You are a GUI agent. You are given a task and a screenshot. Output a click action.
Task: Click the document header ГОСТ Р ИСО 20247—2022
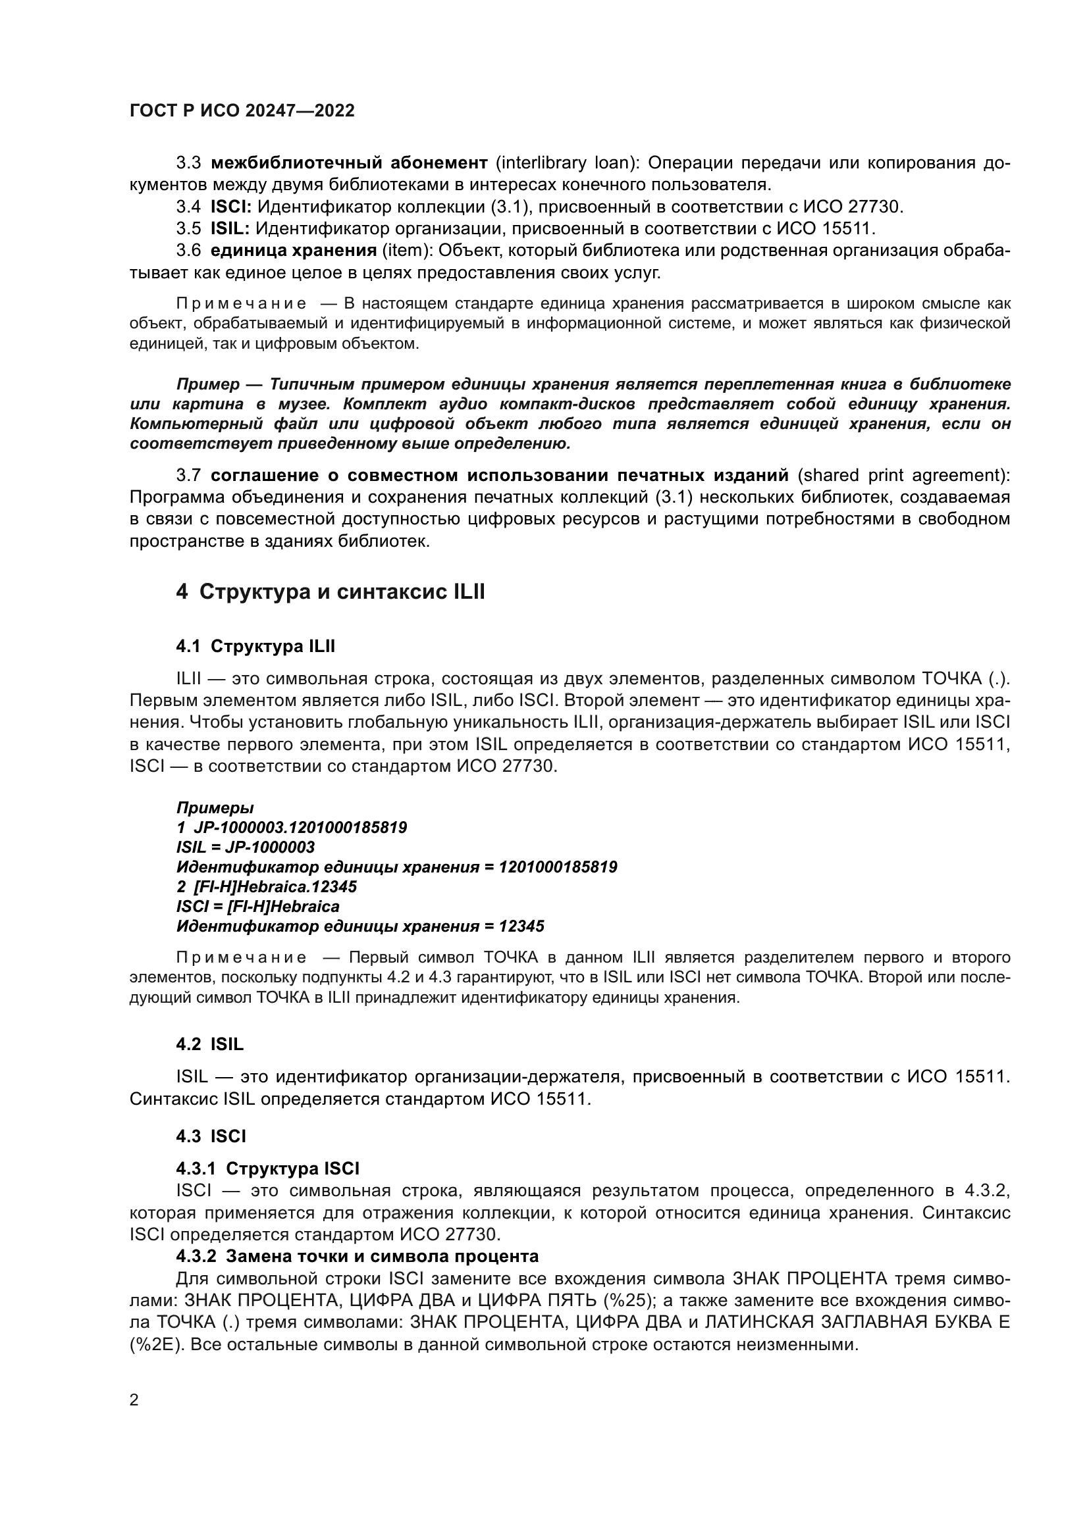242,111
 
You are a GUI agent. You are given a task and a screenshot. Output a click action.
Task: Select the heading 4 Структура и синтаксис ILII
330,593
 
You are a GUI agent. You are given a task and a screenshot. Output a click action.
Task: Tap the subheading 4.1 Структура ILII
255,647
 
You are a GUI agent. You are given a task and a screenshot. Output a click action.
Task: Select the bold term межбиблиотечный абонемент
350,163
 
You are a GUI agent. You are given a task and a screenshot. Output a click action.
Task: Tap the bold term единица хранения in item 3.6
294,251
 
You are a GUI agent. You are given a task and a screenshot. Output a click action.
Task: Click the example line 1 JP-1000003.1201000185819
292,827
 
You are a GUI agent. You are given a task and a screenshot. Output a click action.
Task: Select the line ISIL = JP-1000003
246,847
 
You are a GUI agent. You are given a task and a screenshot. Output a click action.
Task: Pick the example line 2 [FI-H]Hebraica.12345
266,887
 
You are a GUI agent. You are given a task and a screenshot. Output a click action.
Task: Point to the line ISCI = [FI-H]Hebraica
257,907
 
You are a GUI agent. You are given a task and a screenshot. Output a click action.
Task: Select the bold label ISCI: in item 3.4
230,207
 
